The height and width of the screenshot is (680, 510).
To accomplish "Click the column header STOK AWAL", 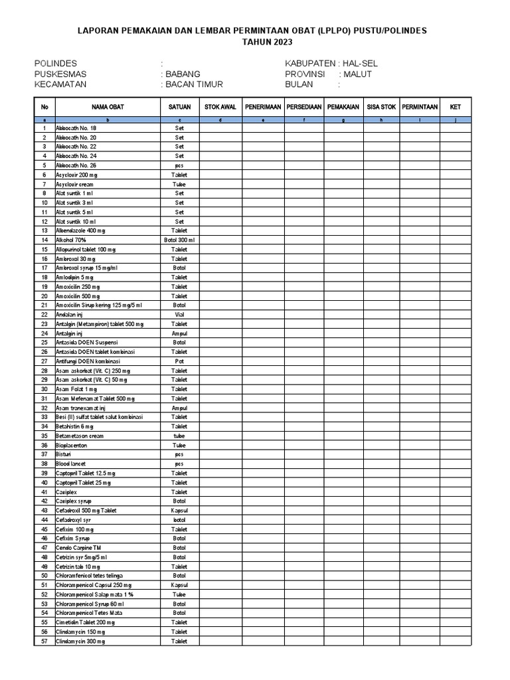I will pos(220,106).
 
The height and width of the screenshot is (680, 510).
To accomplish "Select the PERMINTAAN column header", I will pos(420,106).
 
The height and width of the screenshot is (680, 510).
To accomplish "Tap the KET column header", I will pos(455,106).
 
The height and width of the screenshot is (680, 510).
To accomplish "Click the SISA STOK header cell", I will pos(381,106).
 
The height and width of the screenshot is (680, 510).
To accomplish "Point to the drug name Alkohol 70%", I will pos(71,240).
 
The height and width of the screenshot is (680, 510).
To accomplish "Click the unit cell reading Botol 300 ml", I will pos(179,240).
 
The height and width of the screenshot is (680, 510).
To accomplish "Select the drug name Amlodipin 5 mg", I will pos(75,277).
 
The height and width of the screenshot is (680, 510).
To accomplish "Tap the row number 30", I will pos(44,389).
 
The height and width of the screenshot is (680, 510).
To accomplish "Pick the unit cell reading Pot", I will pos(179,361).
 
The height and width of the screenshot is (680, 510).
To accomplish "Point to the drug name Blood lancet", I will pos(72,464).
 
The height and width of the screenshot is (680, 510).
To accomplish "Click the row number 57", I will pos(44,641).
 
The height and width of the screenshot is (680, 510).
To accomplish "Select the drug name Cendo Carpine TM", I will pos(79,547).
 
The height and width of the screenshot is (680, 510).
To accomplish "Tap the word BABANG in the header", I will pos(183,74).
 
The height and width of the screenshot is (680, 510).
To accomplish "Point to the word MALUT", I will pos(358,74).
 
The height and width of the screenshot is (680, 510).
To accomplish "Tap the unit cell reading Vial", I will pos(179,314).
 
